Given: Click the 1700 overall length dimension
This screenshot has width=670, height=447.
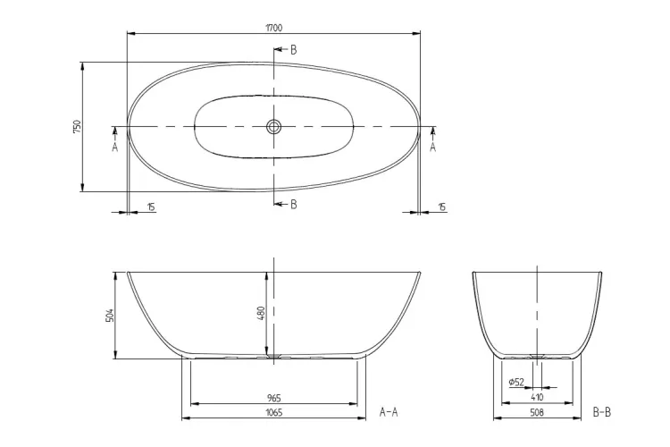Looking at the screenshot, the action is click(274, 29).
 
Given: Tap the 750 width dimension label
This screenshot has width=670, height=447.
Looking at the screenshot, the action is click(77, 127).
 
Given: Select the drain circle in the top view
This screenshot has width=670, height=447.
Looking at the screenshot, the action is click(274, 127).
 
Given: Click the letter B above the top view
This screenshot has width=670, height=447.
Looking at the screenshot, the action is click(294, 50).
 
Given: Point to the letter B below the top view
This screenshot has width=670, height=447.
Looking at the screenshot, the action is click(294, 205).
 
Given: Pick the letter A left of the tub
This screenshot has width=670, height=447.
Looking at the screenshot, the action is click(114, 148).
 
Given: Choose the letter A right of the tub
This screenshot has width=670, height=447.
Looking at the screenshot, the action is click(433, 148).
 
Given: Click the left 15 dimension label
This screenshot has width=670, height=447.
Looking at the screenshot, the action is click(151, 207).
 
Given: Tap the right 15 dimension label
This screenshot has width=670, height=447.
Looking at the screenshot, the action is click(442, 207).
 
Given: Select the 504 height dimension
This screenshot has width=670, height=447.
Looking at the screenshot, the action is click(109, 316).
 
